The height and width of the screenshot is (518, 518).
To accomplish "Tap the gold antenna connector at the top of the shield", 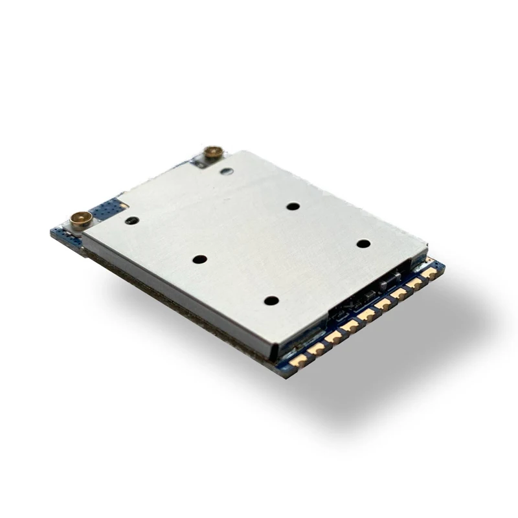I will click(x=212, y=153).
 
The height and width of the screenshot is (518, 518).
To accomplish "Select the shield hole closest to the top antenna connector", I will click(x=226, y=172).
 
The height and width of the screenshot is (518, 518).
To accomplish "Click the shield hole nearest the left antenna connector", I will click(x=131, y=221).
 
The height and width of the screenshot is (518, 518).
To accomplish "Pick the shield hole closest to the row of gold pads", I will click(x=271, y=300).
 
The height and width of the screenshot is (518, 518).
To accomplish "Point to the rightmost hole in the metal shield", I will click(x=363, y=244).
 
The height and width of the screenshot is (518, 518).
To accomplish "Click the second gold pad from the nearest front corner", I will click(x=316, y=350).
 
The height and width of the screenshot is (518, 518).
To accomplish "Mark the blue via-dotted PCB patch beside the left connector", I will click(x=107, y=208).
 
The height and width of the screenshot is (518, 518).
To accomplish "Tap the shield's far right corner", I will click(x=427, y=249).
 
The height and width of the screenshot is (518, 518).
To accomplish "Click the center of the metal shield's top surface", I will click(x=253, y=246).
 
